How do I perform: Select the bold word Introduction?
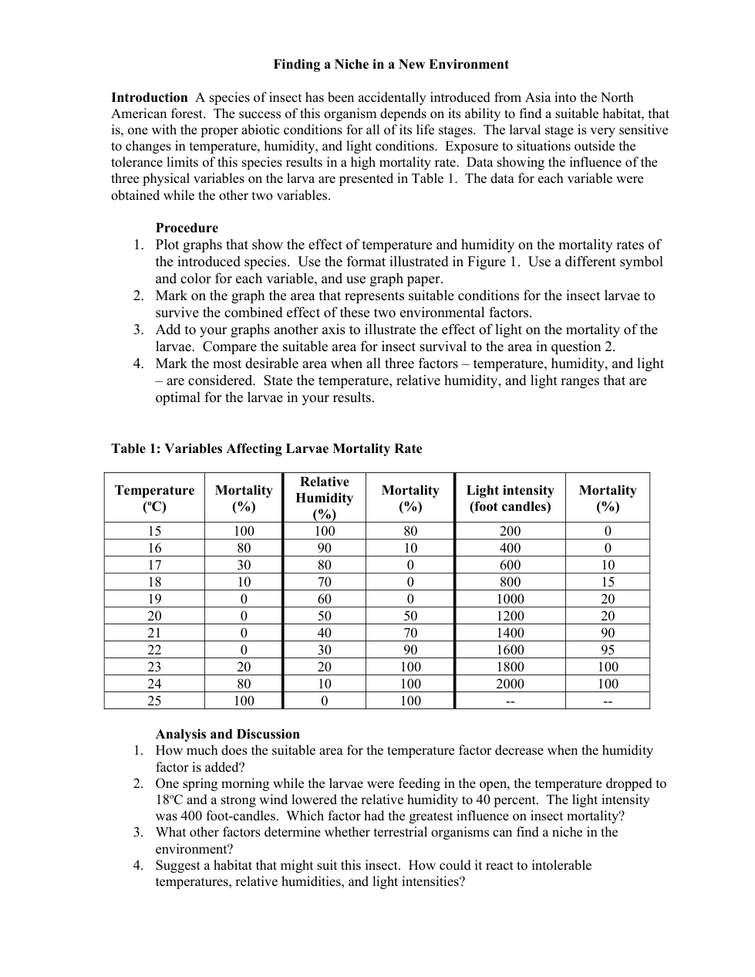(149, 97)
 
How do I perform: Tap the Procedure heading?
(187, 228)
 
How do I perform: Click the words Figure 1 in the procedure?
(492, 262)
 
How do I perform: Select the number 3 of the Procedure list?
(137, 330)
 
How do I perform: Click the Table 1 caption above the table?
(266, 448)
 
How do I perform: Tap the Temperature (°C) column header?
(154, 498)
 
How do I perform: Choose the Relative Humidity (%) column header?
(325, 498)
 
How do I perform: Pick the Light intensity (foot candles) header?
(510, 498)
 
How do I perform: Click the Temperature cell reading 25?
(154, 701)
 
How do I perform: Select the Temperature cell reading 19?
(154, 599)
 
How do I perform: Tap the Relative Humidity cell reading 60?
(325, 599)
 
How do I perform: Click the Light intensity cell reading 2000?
(510, 684)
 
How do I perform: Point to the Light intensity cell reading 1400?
(510, 633)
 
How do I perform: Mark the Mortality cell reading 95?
(608, 650)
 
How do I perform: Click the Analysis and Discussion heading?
(228, 734)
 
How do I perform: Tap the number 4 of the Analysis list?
(137, 865)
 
